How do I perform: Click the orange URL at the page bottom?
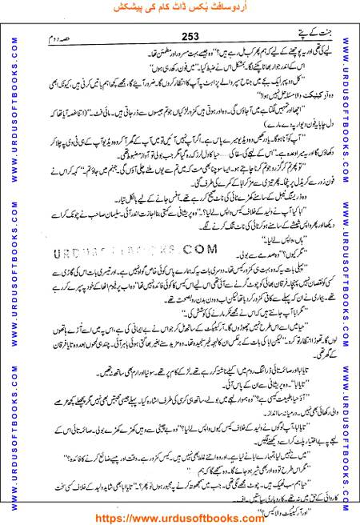coord(180,517)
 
